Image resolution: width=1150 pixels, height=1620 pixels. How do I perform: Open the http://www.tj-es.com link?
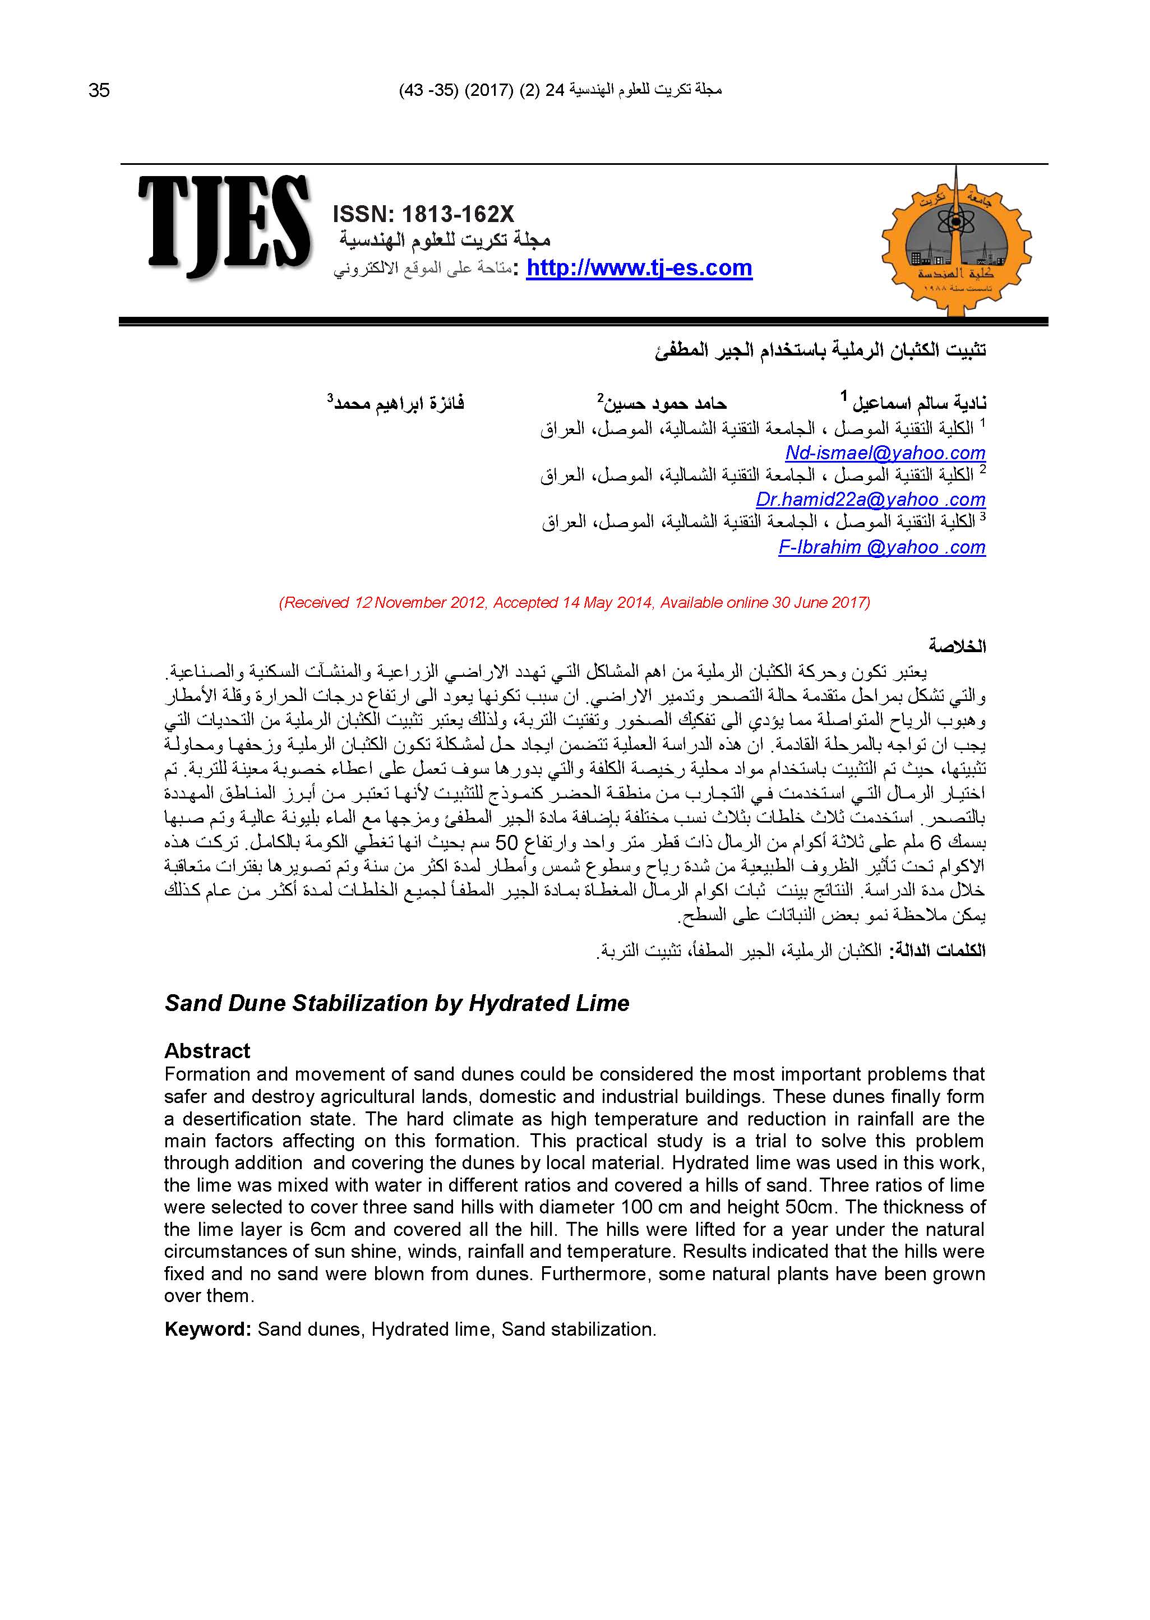(x=639, y=269)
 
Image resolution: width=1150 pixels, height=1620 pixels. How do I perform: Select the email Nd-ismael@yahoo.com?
(x=885, y=453)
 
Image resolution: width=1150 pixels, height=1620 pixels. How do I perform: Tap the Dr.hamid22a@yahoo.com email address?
(x=870, y=500)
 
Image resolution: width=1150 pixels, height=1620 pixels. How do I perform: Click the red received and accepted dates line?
(x=574, y=603)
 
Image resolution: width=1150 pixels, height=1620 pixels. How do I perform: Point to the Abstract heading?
(x=207, y=1050)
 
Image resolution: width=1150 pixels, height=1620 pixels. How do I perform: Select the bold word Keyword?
(x=207, y=1329)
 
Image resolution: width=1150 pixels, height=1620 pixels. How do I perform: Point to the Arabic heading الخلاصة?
(x=957, y=646)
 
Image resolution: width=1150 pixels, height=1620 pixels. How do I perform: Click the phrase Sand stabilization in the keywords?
(x=579, y=1329)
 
